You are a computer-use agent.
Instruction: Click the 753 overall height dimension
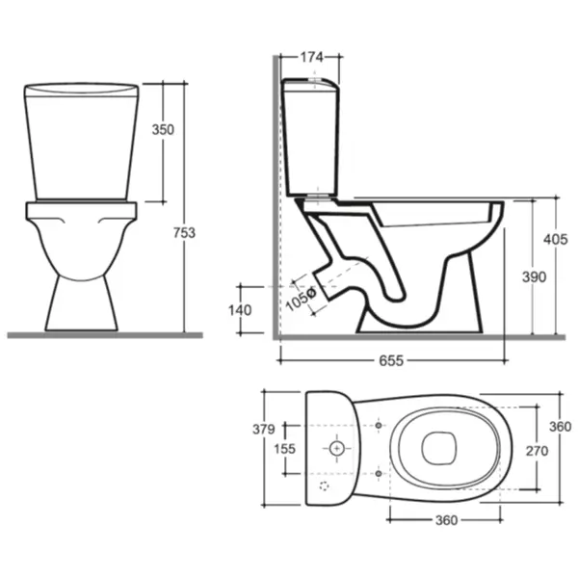pyautogui.click(x=184, y=233)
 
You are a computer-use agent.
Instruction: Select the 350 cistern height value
pyautogui.click(x=163, y=130)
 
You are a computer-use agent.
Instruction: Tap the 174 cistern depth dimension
pyautogui.click(x=312, y=57)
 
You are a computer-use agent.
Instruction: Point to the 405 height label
pyautogui.click(x=555, y=240)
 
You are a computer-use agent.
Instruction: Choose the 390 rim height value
pyautogui.click(x=534, y=276)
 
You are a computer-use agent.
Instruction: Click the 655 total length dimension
pyautogui.click(x=391, y=360)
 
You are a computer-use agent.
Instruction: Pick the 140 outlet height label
pyautogui.click(x=240, y=310)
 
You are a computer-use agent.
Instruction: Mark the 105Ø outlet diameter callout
pyautogui.click(x=301, y=299)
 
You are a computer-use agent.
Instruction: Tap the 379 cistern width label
pyautogui.click(x=264, y=429)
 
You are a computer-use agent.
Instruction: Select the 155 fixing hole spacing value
pyautogui.click(x=284, y=449)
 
